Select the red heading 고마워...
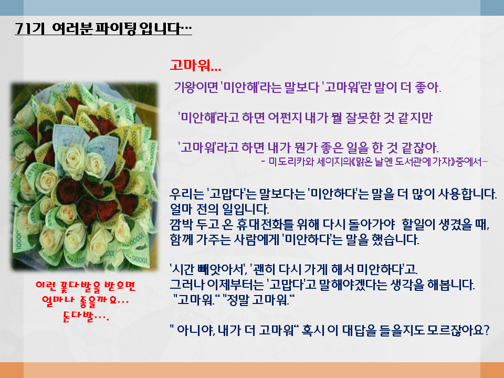tap(195, 65)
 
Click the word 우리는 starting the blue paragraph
tap(187, 194)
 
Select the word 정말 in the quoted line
tap(238, 300)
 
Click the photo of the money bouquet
tap(84, 176)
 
